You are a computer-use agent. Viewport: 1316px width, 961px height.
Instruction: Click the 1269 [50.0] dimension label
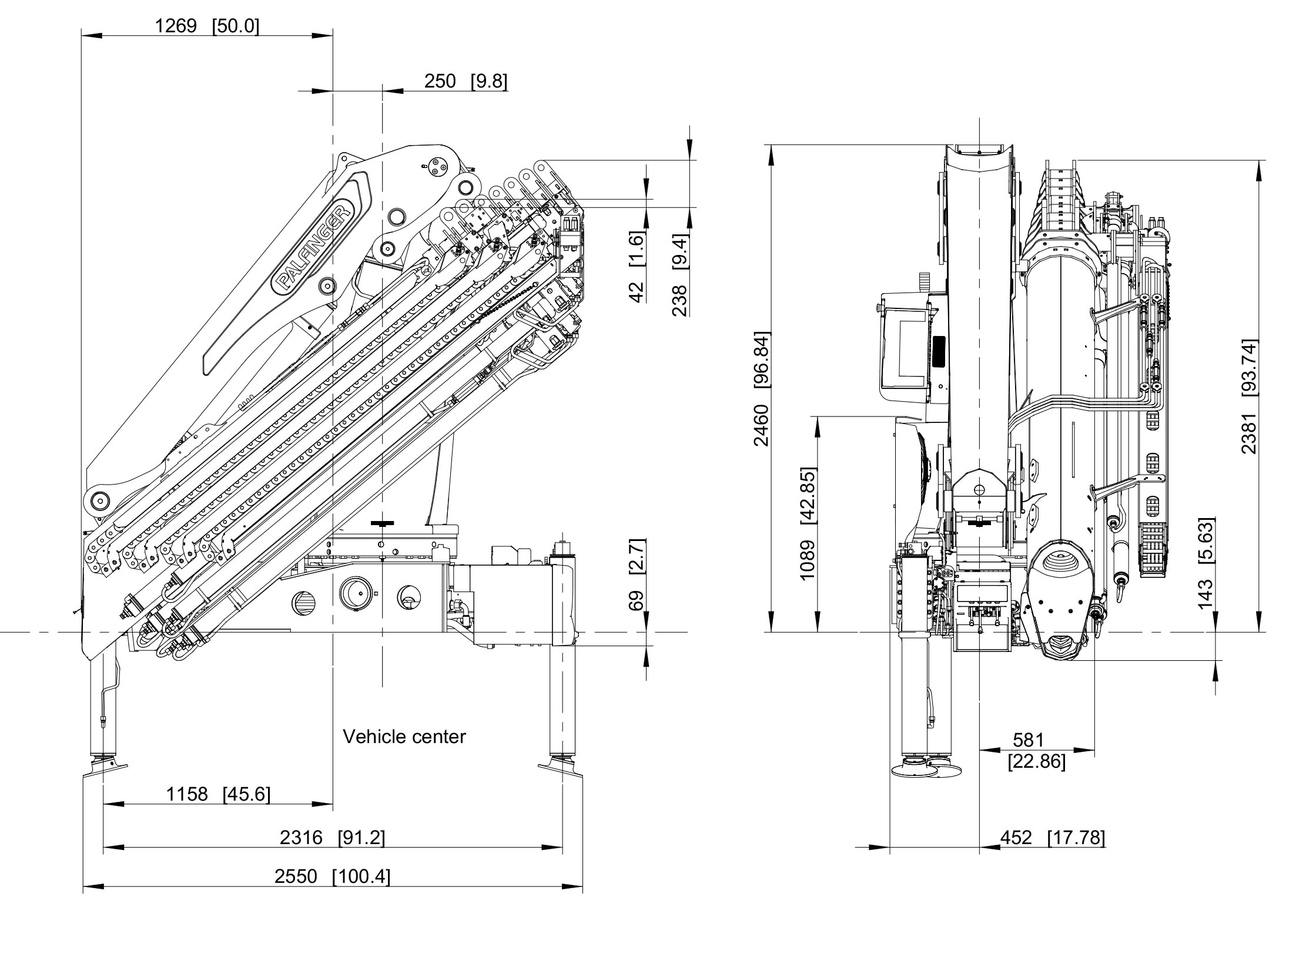pos(206,26)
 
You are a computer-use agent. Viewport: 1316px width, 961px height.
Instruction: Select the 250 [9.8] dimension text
pos(466,81)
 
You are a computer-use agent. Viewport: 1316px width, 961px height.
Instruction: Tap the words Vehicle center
pos(404,737)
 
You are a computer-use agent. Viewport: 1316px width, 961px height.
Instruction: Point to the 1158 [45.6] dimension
pos(218,794)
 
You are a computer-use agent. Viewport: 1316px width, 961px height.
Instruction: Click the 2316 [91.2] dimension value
pos(332,837)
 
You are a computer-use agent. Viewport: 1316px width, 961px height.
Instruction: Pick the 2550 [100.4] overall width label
pos(332,876)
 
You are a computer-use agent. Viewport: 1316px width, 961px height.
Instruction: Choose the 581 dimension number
pos(1028,740)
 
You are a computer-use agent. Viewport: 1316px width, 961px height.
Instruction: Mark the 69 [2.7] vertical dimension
pos(637,574)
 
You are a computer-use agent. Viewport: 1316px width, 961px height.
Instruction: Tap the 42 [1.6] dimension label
pos(637,266)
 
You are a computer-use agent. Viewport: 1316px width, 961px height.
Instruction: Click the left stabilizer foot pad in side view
pos(105,768)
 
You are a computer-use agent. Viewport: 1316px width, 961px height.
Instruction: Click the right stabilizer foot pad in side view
pos(561,768)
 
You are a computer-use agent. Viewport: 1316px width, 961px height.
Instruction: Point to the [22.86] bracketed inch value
pos(1036,762)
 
